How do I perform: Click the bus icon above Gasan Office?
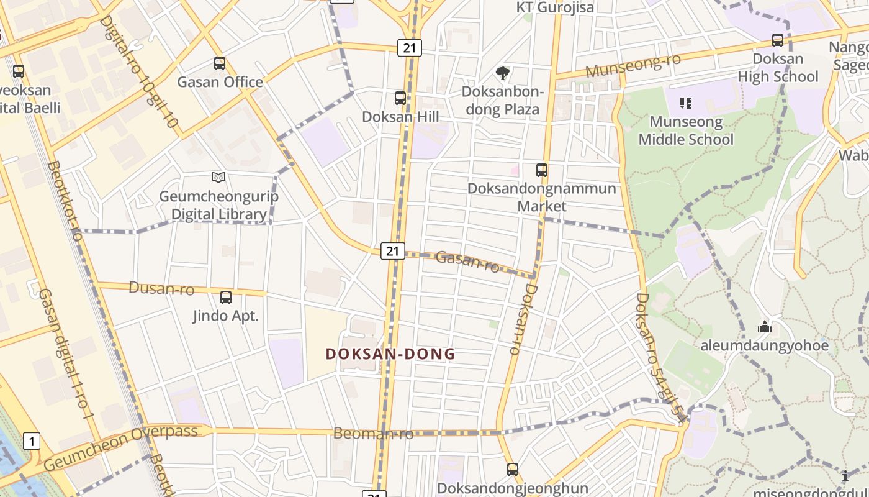[220, 63]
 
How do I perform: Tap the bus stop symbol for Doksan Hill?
[400, 98]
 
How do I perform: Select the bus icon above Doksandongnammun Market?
[542, 170]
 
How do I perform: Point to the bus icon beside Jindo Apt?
[226, 298]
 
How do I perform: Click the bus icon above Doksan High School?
[778, 40]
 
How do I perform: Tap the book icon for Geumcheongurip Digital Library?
[218, 178]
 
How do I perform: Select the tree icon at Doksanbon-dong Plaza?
[502, 73]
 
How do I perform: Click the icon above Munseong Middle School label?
[686, 103]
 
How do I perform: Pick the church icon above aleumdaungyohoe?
[764, 327]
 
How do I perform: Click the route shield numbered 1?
[32, 441]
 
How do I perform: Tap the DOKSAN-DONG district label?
[390, 354]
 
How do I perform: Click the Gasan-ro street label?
[467, 261]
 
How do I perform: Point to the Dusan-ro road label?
[161, 288]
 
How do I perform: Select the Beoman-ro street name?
[373, 433]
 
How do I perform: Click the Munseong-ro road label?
[633, 65]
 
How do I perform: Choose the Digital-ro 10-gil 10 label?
[139, 72]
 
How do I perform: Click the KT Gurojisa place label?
[555, 7]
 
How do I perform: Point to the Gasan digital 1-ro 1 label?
[66, 353]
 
